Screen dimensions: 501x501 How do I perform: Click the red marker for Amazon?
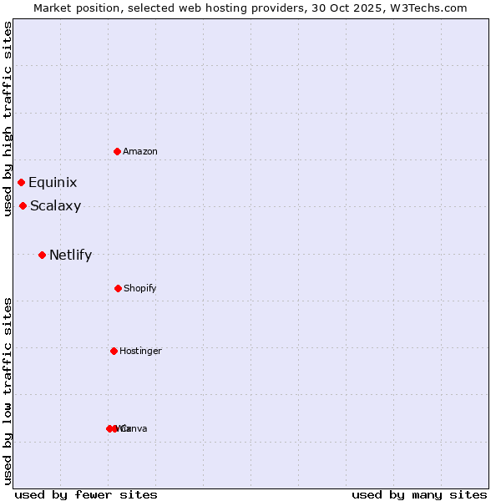pos(117,151)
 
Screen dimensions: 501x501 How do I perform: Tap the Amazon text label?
pos(140,152)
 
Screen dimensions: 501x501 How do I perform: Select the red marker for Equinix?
pos(21,182)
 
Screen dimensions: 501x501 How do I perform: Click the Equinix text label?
pos(53,183)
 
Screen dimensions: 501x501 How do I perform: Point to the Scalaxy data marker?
pos(23,205)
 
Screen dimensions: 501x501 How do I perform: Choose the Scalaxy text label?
pos(55,206)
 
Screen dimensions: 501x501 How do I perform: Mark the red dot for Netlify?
pos(42,255)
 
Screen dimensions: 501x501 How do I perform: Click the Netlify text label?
pos(70,256)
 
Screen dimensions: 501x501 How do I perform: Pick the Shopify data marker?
pos(118,288)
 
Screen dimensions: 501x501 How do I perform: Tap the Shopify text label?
pos(140,289)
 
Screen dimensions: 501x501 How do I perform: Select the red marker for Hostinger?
pos(114,351)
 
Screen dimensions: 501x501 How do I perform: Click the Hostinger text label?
pos(140,352)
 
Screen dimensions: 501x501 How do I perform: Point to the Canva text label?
pos(135,429)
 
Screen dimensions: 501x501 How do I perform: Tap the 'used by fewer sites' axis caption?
pos(86,495)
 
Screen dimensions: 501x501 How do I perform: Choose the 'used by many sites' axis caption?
pos(419,495)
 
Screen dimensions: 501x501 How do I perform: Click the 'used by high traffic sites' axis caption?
pos(8,119)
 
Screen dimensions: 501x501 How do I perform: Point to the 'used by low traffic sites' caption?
pos(8,391)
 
